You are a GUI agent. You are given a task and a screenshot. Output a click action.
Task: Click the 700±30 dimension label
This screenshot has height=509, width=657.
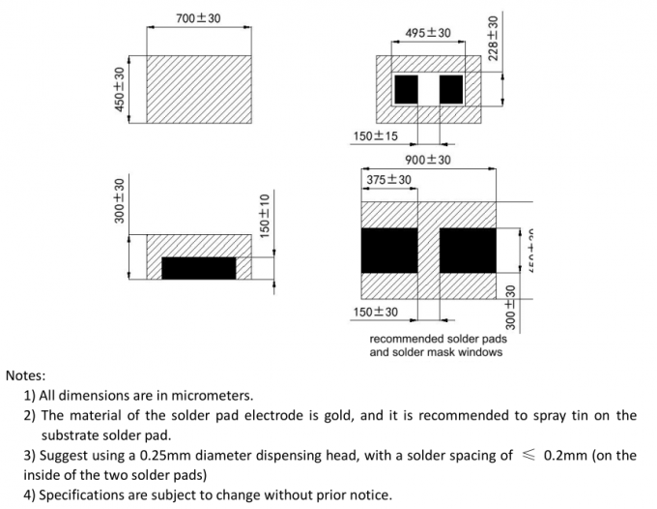click(x=198, y=18)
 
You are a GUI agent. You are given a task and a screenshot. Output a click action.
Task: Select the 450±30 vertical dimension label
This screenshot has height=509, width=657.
click(x=120, y=89)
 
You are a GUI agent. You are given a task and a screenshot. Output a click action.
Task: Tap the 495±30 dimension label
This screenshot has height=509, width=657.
click(x=428, y=33)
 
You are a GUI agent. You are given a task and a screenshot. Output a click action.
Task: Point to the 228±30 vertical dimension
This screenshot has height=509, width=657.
click(x=494, y=39)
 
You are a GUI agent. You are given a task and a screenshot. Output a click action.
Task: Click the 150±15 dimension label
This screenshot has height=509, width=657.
click(x=375, y=135)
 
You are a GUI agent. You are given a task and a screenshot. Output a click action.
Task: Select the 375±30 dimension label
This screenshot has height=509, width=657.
click(x=388, y=180)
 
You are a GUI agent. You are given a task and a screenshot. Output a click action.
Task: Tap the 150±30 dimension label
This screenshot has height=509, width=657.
click(x=375, y=312)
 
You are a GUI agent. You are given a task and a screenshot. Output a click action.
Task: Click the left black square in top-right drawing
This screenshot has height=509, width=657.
click(x=406, y=89)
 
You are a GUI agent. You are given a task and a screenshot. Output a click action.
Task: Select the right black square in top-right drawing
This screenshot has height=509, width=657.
click(x=451, y=89)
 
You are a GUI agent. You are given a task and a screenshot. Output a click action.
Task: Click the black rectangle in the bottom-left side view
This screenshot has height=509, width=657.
click(x=199, y=268)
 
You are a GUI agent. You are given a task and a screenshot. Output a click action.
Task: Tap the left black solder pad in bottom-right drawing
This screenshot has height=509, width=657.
click(x=388, y=251)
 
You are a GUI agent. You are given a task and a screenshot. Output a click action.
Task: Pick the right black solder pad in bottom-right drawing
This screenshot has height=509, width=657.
click(x=468, y=251)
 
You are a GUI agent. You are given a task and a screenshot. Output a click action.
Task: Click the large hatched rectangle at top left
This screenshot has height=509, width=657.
click(x=199, y=89)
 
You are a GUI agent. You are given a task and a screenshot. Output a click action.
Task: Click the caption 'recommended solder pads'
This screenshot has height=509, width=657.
click(x=438, y=339)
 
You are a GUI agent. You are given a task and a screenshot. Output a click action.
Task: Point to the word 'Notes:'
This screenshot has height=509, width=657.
click(x=26, y=374)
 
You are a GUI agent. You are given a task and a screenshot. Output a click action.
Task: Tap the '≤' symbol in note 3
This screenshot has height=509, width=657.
click(x=527, y=456)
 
